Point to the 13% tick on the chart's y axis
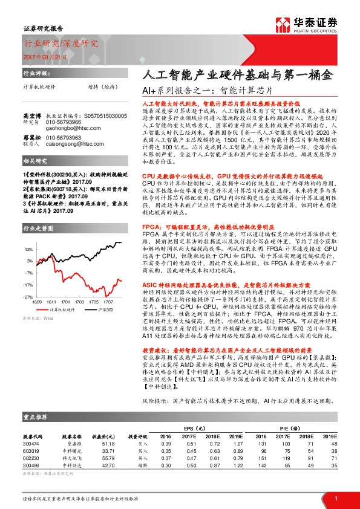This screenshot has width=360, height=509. click(28, 249)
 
